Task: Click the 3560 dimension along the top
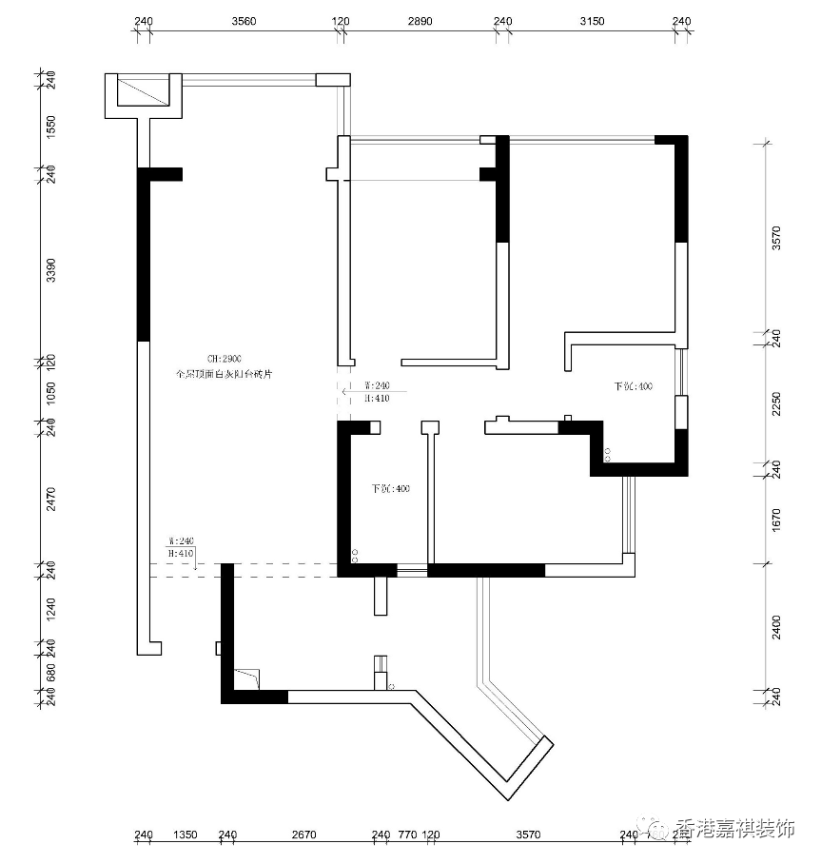(244, 21)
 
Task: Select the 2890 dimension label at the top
(420, 21)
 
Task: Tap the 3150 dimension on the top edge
(592, 21)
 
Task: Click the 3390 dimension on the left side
(51, 270)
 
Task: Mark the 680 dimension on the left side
(51, 672)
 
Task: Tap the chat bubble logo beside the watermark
(655, 827)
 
